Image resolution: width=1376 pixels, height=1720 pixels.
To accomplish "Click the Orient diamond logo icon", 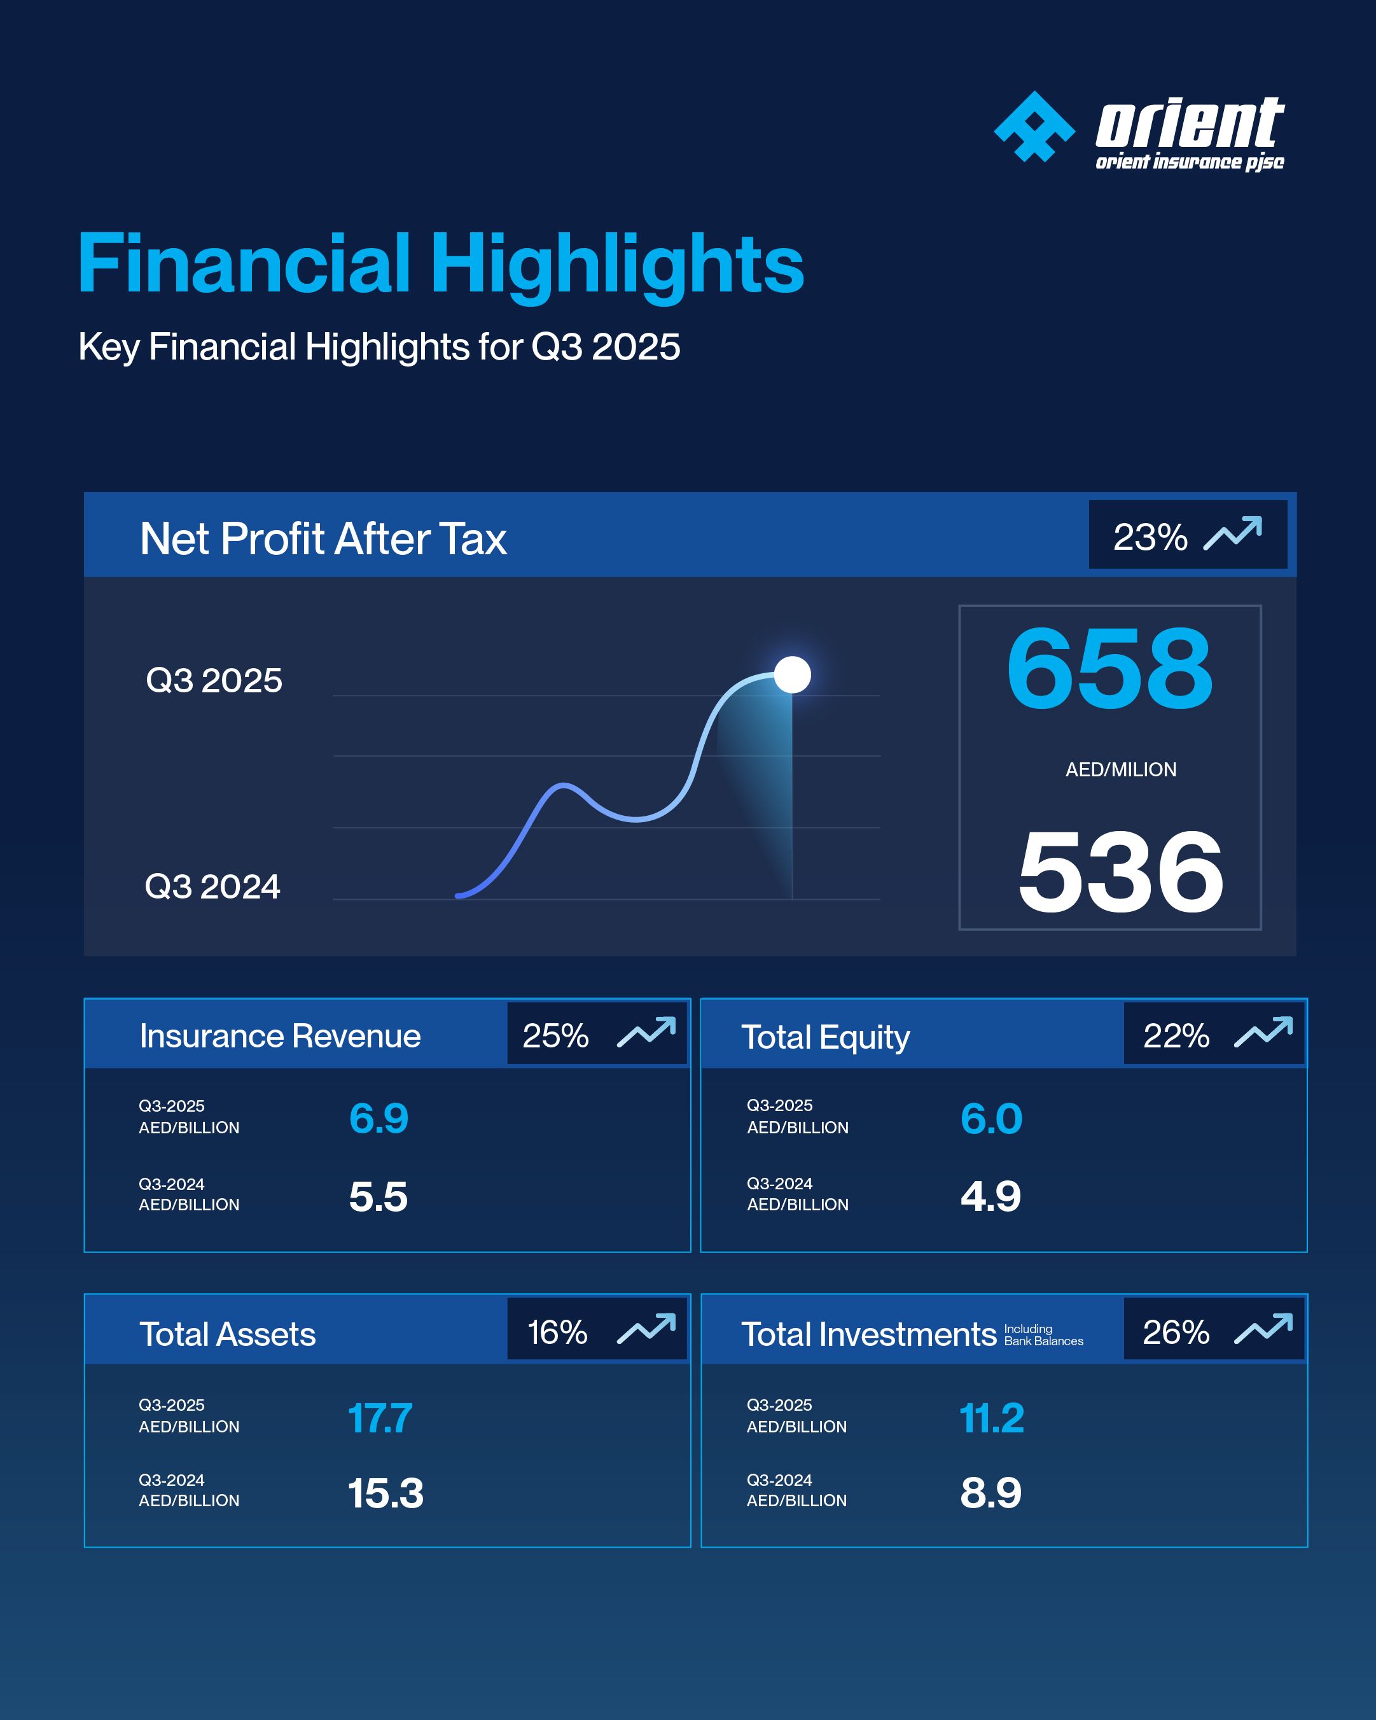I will pyautogui.click(x=1034, y=127).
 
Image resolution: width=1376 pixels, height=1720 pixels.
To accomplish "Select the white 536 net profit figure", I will pyautogui.click(x=1120, y=871).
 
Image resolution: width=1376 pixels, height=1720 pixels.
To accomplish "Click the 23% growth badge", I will pyautogui.click(x=1187, y=535).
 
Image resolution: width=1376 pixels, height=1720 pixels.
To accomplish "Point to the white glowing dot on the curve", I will pyautogui.click(x=792, y=675).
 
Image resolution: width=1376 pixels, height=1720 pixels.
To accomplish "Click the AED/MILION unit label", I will pyautogui.click(x=1121, y=770).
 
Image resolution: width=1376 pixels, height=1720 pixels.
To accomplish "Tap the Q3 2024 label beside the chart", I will pyautogui.click(x=212, y=886).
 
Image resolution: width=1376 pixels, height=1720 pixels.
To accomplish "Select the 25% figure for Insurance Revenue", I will pyautogui.click(x=555, y=1035).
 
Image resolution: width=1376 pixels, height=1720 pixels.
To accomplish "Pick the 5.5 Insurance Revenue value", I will pyautogui.click(x=378, y=1197).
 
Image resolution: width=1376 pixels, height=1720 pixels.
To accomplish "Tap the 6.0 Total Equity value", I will pyautogui.click(x=990, y=1119).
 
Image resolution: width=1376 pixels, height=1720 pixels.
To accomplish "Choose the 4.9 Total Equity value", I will pyautogui.click(x=990, y=1196).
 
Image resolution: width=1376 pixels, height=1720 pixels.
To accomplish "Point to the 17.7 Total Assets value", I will pyautogui.click(x=380, y=1418).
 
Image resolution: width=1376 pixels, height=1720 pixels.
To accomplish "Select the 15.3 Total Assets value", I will pyautogui.click(x=386, y=1493).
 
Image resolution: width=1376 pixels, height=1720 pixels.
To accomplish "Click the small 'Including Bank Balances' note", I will pyautogui.click(x=1043, y=1334).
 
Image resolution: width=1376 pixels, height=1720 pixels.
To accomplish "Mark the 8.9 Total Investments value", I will pyautogui.click(x=990, y=1493).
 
